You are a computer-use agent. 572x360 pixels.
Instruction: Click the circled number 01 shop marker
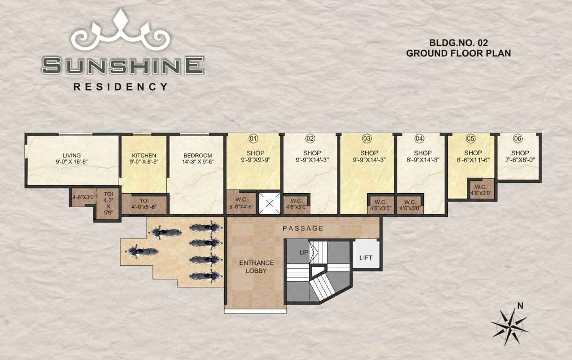pyautogui.click(x=254, y=138)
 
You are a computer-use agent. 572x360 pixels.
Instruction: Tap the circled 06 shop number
pyautogui.click(x=518, y=138)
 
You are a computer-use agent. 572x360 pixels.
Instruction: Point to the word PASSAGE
pyautogui.click(x=303, y=228)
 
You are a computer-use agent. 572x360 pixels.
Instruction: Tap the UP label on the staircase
pyautogui.click(x=304, y=253)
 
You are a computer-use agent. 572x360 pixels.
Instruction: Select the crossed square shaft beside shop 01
pyautogui.click(x=269, y=203)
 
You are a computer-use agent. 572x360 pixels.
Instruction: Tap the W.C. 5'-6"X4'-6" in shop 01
pyautogui.click(x=241, y=202)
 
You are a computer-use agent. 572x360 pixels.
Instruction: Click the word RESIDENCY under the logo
pyautogui.click(x=120, y=87)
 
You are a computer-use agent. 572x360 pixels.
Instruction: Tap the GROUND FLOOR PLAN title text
pyautogui.click(x=458, y=53)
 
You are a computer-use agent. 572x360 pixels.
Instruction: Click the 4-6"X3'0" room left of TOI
pyautogui.click(x=83, y=197)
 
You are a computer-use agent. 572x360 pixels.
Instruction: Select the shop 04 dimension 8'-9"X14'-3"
pyautogui.click(x=423, y=159)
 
